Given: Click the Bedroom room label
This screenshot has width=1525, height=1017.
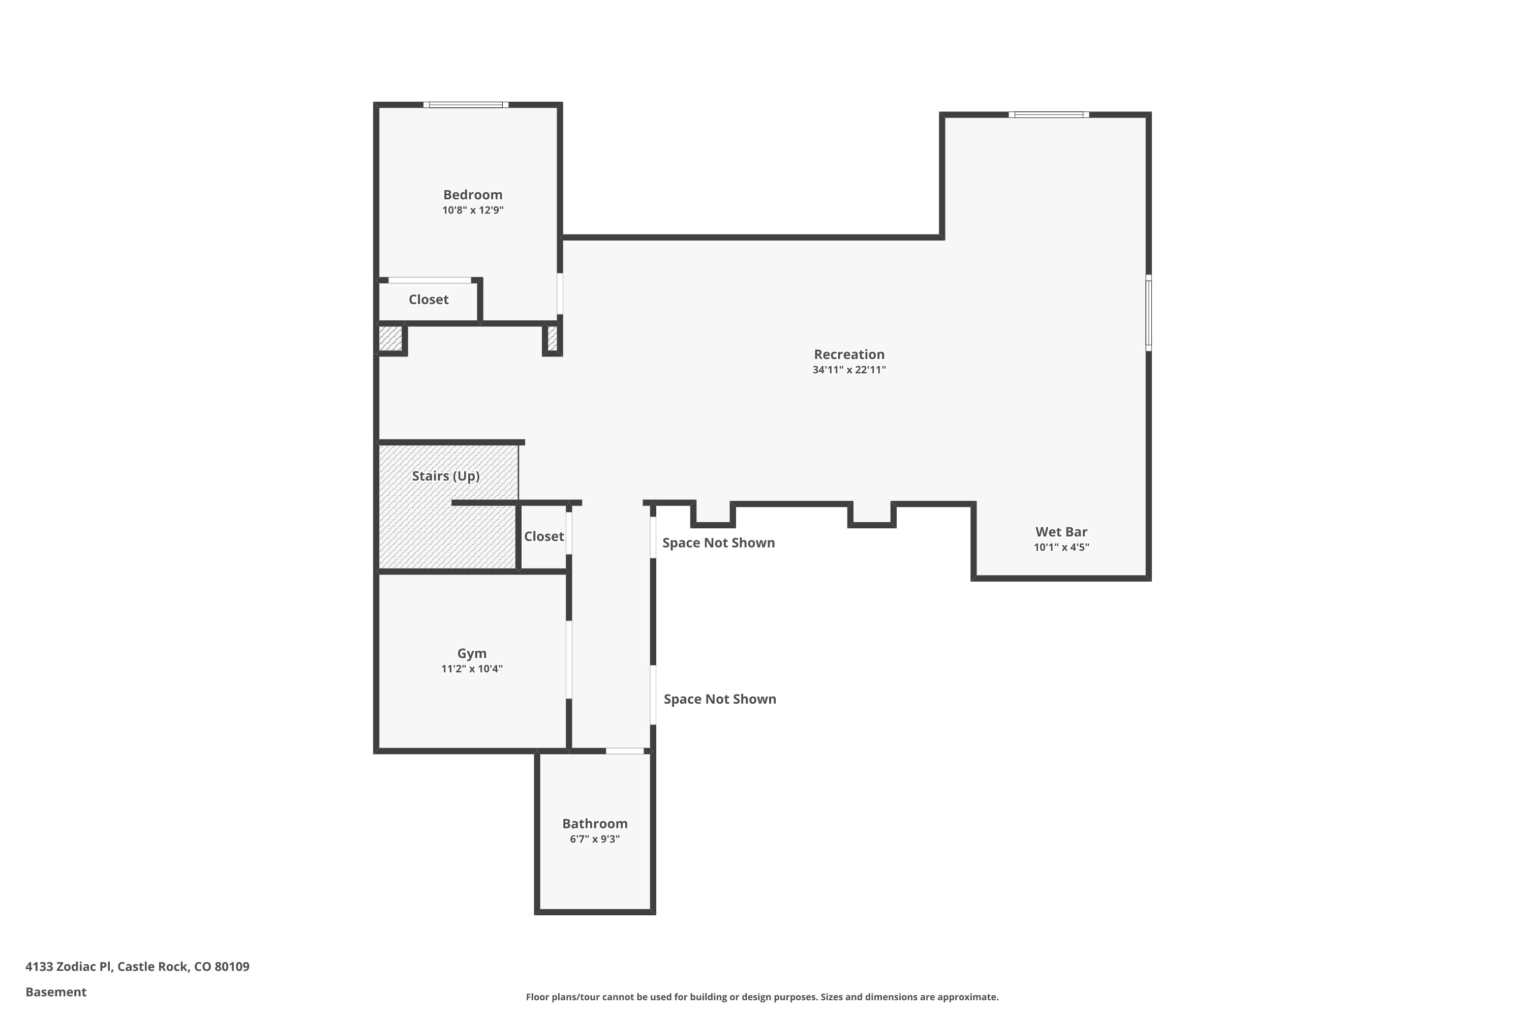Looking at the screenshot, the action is tap(473, 195).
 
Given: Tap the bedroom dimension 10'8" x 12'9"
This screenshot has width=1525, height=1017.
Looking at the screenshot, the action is tap(473, 210).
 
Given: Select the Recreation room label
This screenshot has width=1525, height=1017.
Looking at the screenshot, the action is tap(849, 354).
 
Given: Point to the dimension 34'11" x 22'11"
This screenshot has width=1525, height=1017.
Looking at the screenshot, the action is tap(849, 370).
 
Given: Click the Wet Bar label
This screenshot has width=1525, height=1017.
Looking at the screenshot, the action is tap(1061, 532).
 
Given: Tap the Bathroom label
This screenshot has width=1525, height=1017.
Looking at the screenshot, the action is tap(595, 824).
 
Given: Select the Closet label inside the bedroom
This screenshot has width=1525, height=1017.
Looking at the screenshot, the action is tap(429, 300).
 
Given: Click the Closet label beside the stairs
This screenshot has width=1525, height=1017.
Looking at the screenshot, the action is tap(544, 536).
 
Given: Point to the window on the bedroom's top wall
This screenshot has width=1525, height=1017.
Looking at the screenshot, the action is tap(466, 104).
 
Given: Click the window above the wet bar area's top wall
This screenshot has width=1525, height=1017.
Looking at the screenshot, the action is tap(1048, 115).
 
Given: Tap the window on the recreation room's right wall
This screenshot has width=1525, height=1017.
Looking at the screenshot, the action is tap(1148, 313).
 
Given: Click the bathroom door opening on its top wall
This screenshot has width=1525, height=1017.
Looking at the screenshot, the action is tap(625, 751).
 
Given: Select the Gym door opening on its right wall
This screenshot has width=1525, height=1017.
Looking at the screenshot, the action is tap(569, 660).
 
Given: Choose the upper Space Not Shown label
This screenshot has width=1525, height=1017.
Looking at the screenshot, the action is tap(718, 543).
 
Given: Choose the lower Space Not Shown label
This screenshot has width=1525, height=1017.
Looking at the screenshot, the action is tap(720, 699).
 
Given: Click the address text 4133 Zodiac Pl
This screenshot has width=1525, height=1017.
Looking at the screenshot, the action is tap(68, 967).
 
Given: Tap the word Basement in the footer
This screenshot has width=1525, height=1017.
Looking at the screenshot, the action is tap(56, 992).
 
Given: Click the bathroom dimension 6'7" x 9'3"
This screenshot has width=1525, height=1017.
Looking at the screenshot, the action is tap(595, 840).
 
